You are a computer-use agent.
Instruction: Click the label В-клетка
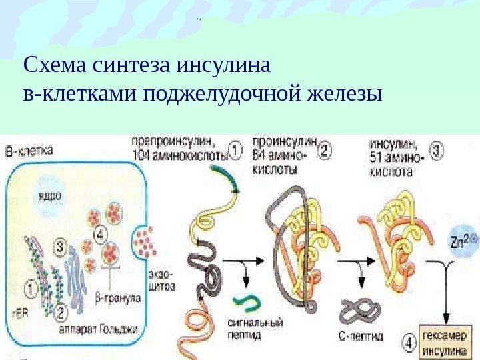click(x=30, y=150)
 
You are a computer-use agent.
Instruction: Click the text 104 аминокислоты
click(x=181, y=153)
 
